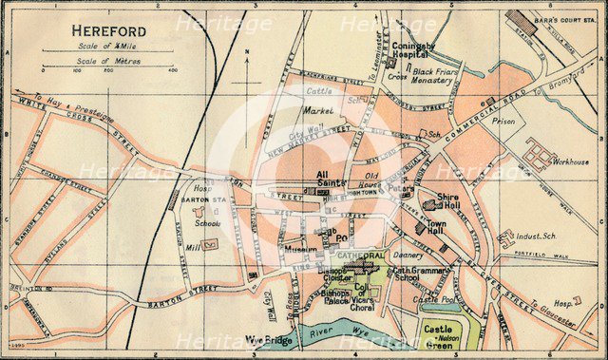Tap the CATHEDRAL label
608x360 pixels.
(358, 256)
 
